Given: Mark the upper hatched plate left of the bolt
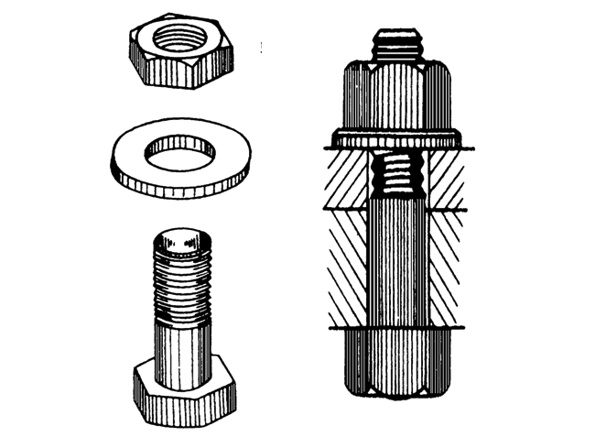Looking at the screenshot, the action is click(348, 179).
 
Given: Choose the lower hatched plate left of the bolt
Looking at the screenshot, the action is click(346, 266).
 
